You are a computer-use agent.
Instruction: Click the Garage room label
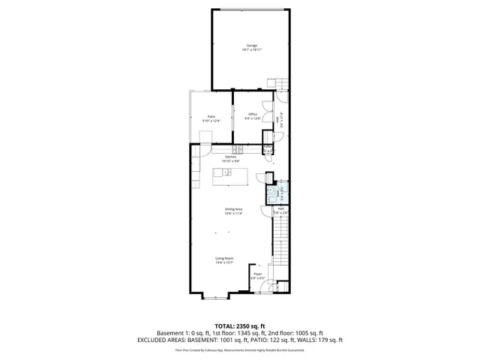pyautogui.click(x=251, y=45)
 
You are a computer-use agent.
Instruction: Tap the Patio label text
pyautogui.click(x=212, y=115)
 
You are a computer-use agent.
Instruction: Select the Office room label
pyautogui.click(x=253, y=114)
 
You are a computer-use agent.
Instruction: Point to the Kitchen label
pyautogui.click(x=230, y=157)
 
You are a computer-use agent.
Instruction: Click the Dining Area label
pyautogui.click(x=233, y=209)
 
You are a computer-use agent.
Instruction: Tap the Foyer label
pyautogui.click(x=257, y=275)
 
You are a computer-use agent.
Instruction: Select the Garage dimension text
pyautogui.click(x=251, y=49)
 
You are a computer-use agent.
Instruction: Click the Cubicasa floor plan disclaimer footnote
pyautogui.click(x=239, y=349)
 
